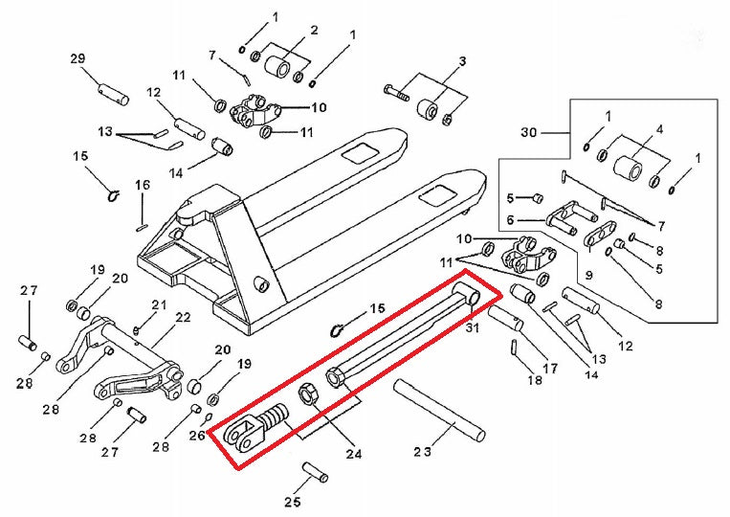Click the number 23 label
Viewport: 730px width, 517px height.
(x=424, y=450)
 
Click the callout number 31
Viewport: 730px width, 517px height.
(x=471, y=328)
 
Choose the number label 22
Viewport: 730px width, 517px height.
(x=182, y=318)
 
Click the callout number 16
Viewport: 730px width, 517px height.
(x=143, y=185)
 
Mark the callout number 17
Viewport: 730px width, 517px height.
(x=550, y=368)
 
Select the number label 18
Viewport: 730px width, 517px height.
(x=535, y=379)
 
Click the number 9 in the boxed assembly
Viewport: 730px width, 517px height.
(x=589, y=275)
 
